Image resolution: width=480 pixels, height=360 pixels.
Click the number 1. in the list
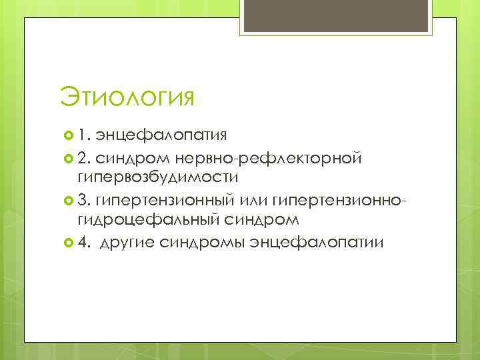point(84,135)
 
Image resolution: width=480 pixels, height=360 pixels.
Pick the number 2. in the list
point(85,157)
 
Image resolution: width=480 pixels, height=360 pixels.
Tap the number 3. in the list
point(85,199)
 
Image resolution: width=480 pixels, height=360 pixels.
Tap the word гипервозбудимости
point(157,178)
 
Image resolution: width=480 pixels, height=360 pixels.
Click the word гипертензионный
point(155,199)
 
